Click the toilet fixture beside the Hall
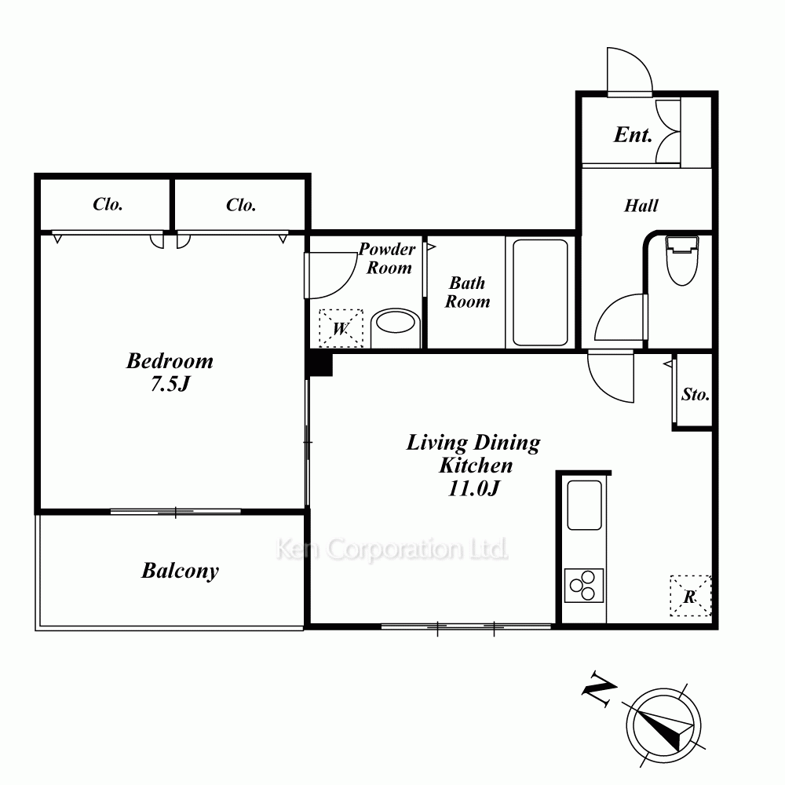coord(681,261)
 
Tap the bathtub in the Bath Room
coord(540,293)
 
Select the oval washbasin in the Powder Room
coord(396,323)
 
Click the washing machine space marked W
coord(341,328)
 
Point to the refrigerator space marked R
coord(690,596)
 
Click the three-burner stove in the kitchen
coord(584,586)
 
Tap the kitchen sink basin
coord(584,505)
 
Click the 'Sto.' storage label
coord(696,395)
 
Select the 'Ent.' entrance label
coord(633,135)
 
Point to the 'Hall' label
coord(641,205)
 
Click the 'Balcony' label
coord(181,571)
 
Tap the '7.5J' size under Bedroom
coord(170,384)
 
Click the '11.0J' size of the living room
coord(473,488)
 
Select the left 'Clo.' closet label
coord(108,204)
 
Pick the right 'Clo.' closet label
coord(241,205)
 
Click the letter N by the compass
coord(599,689)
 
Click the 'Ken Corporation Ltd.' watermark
coord(392,549)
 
